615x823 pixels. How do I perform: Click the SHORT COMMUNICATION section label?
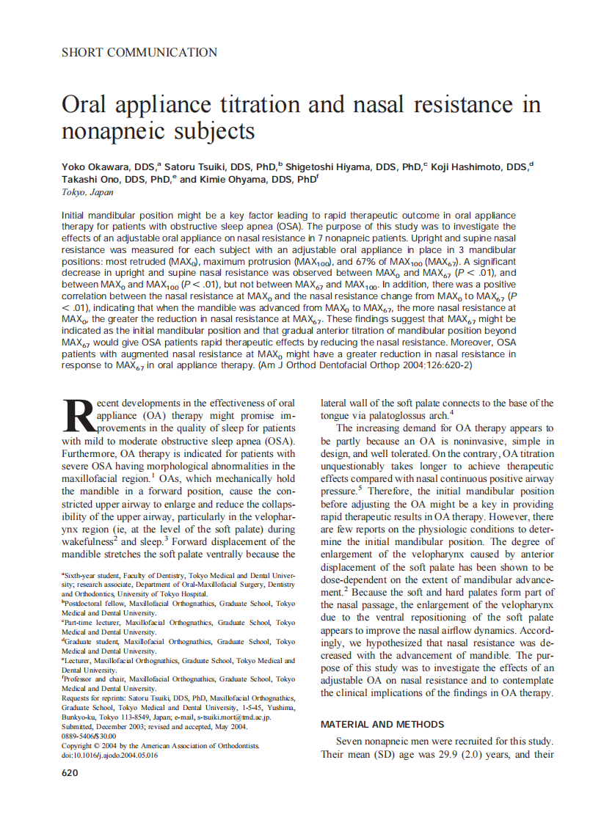point(139,53)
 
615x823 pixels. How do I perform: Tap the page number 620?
point(70,772)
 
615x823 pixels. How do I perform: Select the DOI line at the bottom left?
point(109,756)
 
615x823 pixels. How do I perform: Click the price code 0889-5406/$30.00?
point(89,736)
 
